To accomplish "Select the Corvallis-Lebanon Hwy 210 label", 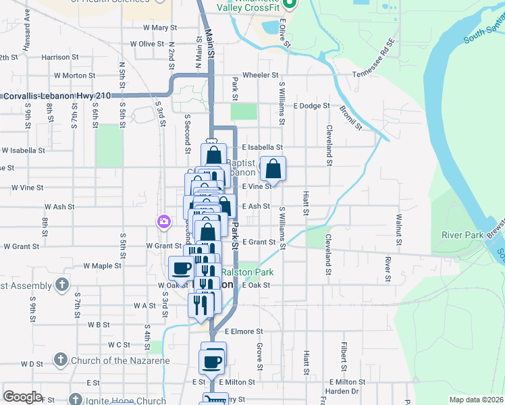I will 57,97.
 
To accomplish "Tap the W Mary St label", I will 159,28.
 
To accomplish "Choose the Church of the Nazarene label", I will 120,360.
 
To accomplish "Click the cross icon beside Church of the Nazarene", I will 60,360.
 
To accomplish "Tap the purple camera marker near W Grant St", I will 163,221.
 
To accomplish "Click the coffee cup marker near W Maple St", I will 182,268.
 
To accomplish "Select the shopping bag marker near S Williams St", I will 273,169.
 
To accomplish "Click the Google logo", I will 22,397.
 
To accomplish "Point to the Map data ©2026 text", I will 476,400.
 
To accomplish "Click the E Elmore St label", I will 244,331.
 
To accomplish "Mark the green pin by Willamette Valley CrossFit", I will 289,5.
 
